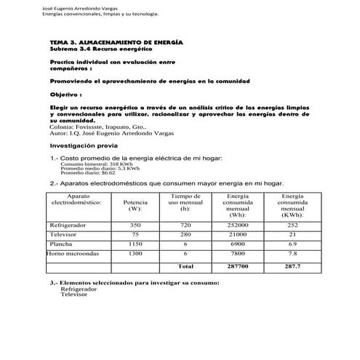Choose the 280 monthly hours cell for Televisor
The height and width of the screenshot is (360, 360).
(185, 234)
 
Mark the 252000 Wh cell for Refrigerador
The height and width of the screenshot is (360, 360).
(237, 225)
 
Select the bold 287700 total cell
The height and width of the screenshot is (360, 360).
(237, 267)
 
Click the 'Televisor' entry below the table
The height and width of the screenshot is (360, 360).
(73, 295)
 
